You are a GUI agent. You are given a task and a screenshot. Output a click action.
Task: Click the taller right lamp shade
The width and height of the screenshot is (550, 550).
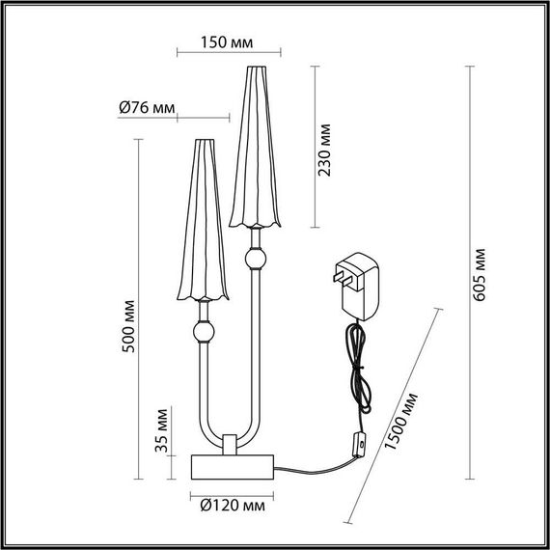pyautogui.click(x=254, y=145)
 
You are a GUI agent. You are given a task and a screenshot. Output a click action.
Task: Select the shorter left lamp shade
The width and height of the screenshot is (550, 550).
pyautogui.click(x=203, y=219)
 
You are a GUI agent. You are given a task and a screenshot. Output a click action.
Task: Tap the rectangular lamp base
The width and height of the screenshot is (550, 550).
pyautogui.click(x=231, y=467)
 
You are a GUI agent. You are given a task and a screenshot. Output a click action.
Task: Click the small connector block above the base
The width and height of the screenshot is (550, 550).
pyautogui.click(x=231, y=444)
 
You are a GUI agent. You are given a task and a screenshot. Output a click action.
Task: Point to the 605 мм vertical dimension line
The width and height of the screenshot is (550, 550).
pyautogui.click(x=469, y=272)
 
